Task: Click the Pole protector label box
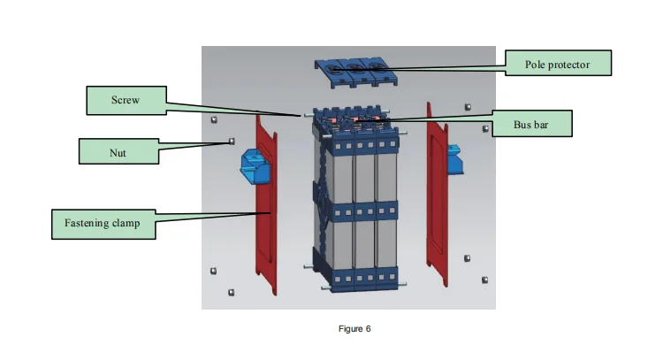coord(558,63)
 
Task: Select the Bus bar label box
coord(532,124)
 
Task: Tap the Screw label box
coord(126,100)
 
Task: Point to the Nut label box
coord(118,151)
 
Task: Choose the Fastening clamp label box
coord(103,224)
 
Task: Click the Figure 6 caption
coord(354,329)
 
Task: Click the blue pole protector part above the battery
coord(355,73)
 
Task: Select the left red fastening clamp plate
coord(266,204)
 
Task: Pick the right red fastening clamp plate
coord(438,195)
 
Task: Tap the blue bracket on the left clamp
coord(255,166)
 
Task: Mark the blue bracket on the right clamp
coord(455,159)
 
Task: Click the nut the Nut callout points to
coord(232,142)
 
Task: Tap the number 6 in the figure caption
coord(369,329)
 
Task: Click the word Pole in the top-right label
coord(534,65)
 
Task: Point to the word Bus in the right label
coord(522,125)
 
